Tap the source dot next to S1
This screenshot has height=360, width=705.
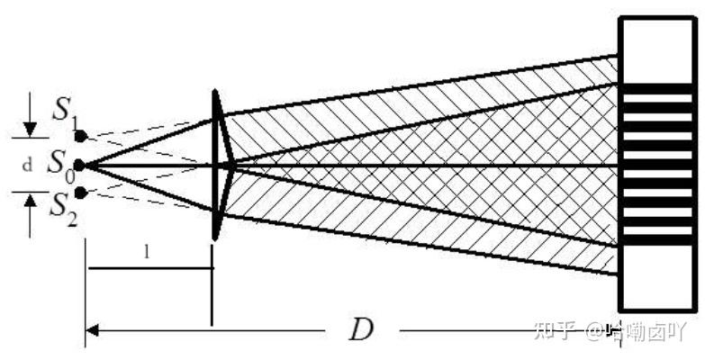[x=80, y=137]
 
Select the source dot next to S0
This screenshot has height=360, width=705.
[x=79, y=165]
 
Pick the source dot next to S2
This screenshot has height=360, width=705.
[x=80, y=193]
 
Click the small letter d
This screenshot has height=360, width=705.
[x=28, y=165]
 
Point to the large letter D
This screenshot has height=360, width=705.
[x=360, y=330]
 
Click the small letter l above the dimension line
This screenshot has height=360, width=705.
[x=146, y=253]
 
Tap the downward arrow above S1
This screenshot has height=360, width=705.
[x=30, y=127]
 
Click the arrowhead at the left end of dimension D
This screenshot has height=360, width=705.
[x=91, y=331]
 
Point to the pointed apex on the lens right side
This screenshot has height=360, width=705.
[x=234, y=165]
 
